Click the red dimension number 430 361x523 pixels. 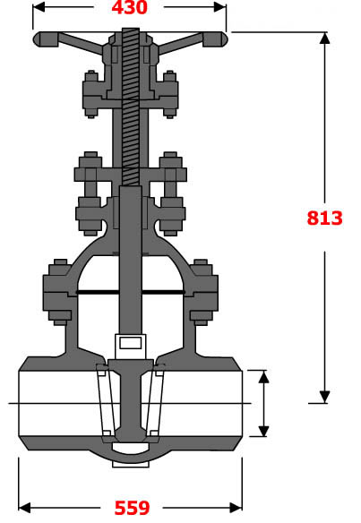tap(129, 9)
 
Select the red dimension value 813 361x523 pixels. tap(324, 218)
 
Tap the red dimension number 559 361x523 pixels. tap(131, 509)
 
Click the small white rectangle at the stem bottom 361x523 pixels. tap(130, 342)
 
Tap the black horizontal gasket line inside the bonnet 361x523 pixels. tap(131, 292)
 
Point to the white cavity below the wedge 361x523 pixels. tap(131, 447)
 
